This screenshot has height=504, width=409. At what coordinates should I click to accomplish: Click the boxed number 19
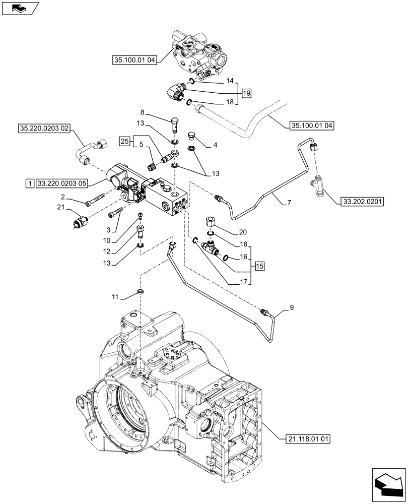245,93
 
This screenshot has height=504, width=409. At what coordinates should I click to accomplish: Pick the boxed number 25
125,141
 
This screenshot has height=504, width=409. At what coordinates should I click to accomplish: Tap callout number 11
115,298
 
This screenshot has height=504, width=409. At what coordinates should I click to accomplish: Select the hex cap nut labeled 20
211,221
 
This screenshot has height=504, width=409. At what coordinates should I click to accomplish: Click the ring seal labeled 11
141,292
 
